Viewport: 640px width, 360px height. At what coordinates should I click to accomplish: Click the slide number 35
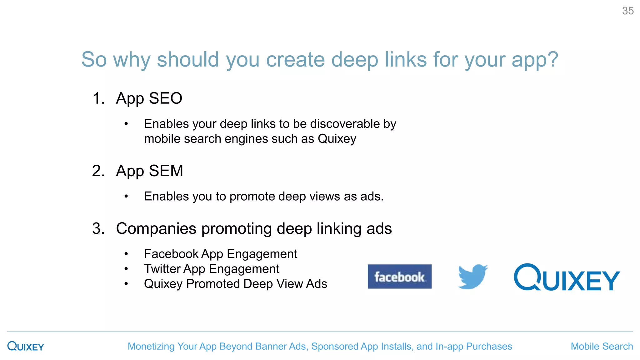click(627, 11)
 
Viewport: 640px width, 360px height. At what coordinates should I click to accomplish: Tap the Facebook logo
click(399, 277)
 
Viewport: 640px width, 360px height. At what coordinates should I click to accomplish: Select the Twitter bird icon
click(472, 277)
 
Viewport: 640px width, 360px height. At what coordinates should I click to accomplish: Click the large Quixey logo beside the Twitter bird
click(567, 277)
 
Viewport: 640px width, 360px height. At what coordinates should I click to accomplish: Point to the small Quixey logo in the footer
click(26, 346)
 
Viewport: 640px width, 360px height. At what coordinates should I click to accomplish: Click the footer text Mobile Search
click(602, 346)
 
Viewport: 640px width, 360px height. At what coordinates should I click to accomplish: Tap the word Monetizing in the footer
click(151, 346)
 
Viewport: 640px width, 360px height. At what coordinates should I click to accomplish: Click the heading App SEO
click(149, 98)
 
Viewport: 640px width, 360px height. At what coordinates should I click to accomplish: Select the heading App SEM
click(149, 171)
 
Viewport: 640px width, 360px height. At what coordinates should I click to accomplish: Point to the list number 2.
click(98, 171)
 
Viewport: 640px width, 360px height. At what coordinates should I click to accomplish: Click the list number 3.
click(98, 228)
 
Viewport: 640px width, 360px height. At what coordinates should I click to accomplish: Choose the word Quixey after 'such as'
click(337, 139)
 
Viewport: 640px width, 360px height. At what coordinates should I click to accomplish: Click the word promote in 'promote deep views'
click(252, 196)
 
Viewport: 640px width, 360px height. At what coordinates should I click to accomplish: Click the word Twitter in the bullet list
click(162, 269)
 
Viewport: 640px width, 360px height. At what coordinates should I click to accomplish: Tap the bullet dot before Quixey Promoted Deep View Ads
click(126, 284)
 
